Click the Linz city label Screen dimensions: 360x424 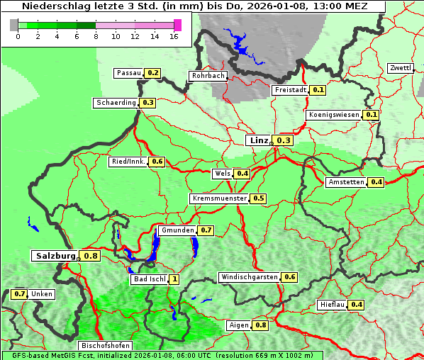coord(259,140)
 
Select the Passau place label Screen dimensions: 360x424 coord(129,73)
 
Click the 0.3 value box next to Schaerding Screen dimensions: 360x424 coord(148,103)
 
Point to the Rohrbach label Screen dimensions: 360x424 coord(208,76)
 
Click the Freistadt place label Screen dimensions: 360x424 coord(291,90)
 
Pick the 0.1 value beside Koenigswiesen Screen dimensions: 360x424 coord(372,115)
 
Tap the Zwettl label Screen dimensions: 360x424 coord(401,68)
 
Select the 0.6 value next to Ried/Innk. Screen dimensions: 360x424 coord(157,162)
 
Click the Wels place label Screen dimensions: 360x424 coord(223,174)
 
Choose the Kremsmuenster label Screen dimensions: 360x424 coord(219,198)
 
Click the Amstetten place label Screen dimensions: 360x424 coord(346,182)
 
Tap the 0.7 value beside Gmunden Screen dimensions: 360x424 coord(206,230)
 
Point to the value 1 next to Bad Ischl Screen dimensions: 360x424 coord(174,279)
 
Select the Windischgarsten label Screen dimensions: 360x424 coord(249,277)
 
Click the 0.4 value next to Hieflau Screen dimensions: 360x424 coord(357,305)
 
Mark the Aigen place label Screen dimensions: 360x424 coord(239,325)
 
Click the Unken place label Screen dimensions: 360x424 coord(42,294)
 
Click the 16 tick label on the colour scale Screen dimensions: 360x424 coord(174,37)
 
